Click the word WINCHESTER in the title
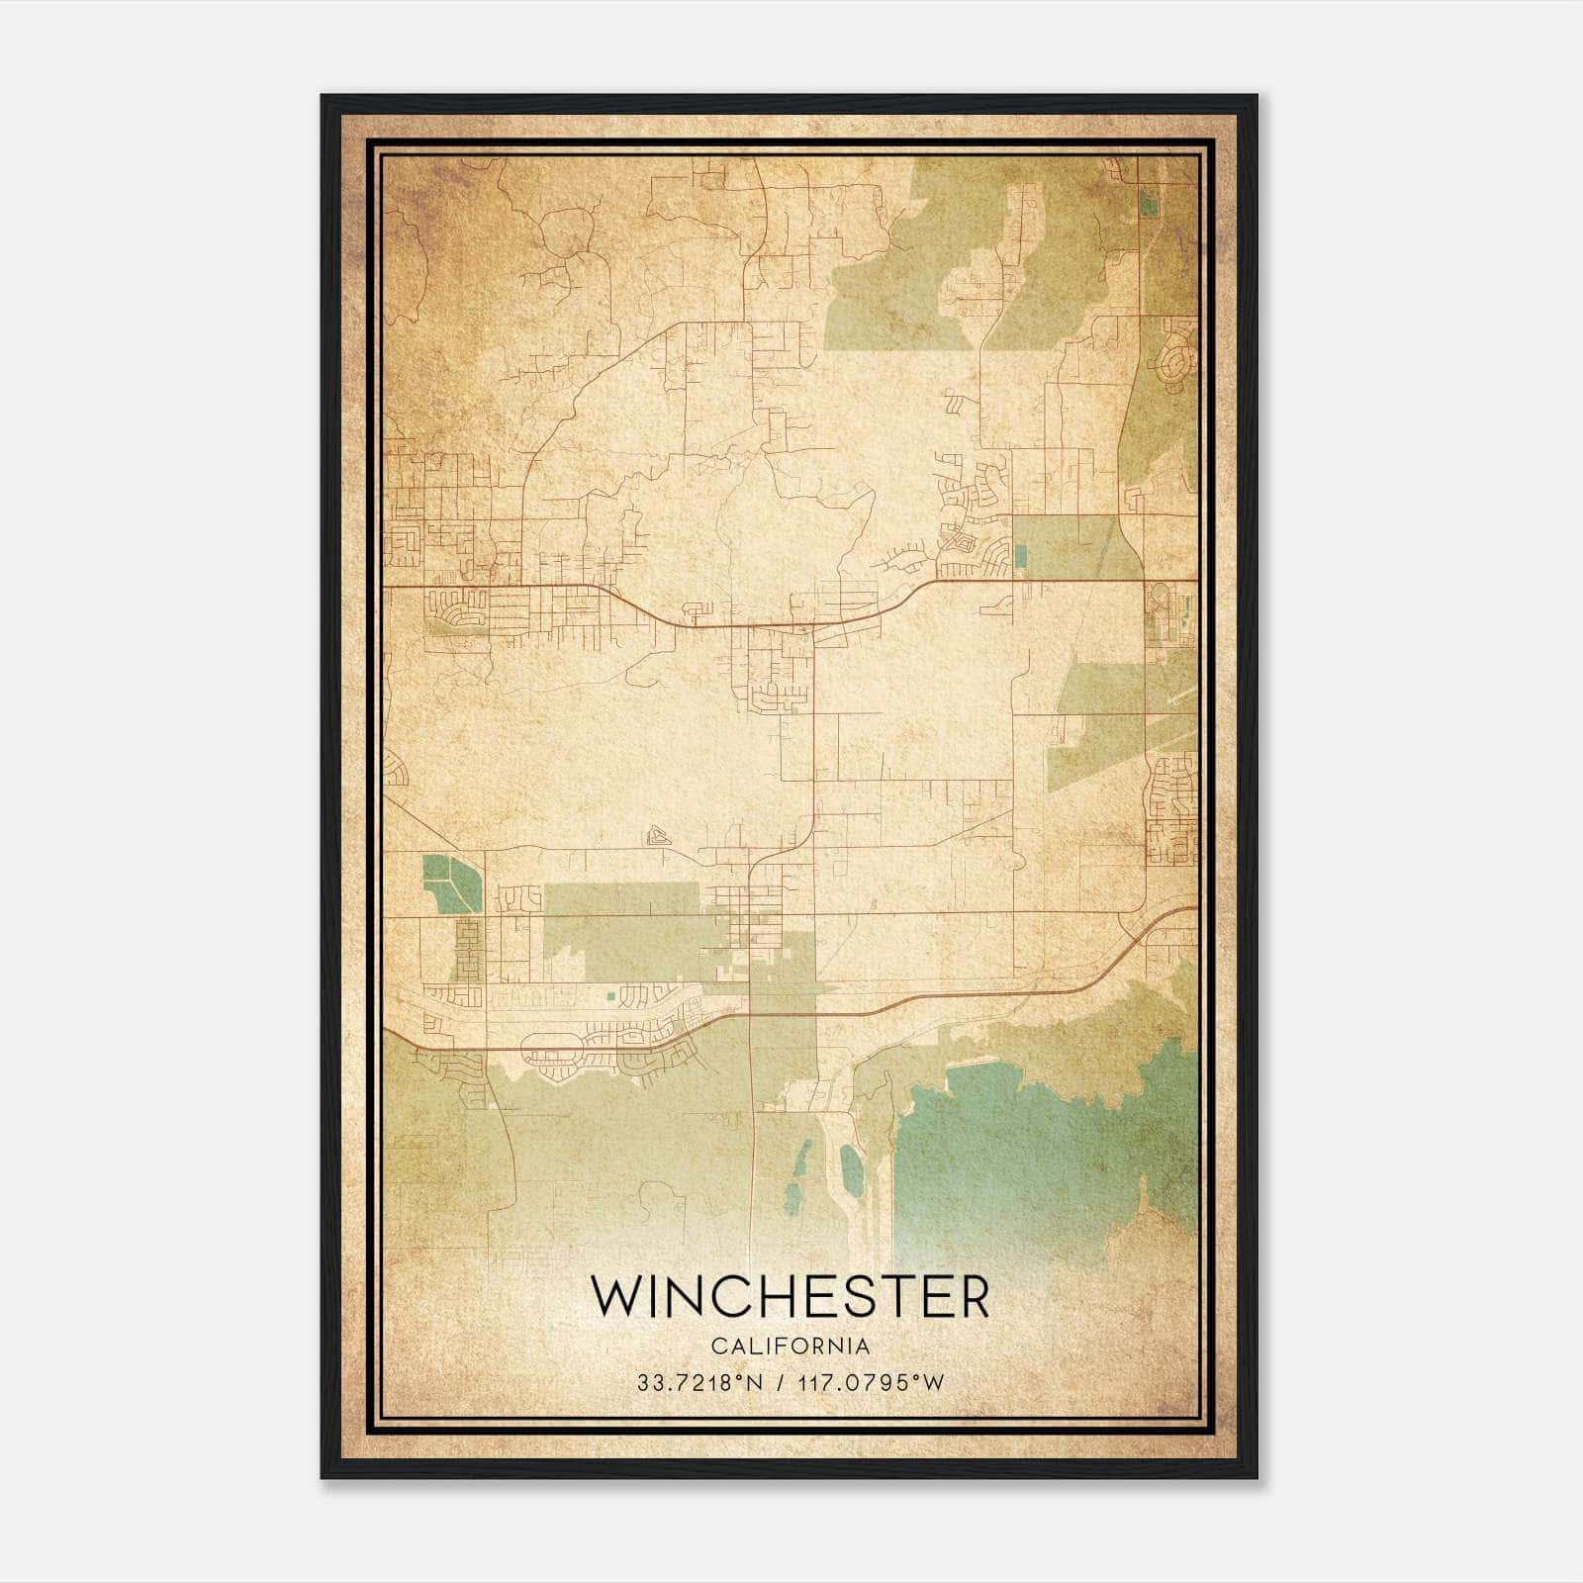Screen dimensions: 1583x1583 click(x=790, y=1296)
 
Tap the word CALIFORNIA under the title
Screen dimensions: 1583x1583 click(x=790, y=1347)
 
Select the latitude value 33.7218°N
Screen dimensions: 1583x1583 click(x=699, y=1382)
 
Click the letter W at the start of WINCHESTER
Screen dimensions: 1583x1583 click(x=618, y=1296)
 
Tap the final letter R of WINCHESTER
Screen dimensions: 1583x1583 click(x=974, y=1296)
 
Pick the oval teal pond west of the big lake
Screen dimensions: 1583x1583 click(x=850, y=1167)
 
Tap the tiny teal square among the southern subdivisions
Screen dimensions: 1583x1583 click(x=610, y=993)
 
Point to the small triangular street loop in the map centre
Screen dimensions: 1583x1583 click(x=656, y=836)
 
